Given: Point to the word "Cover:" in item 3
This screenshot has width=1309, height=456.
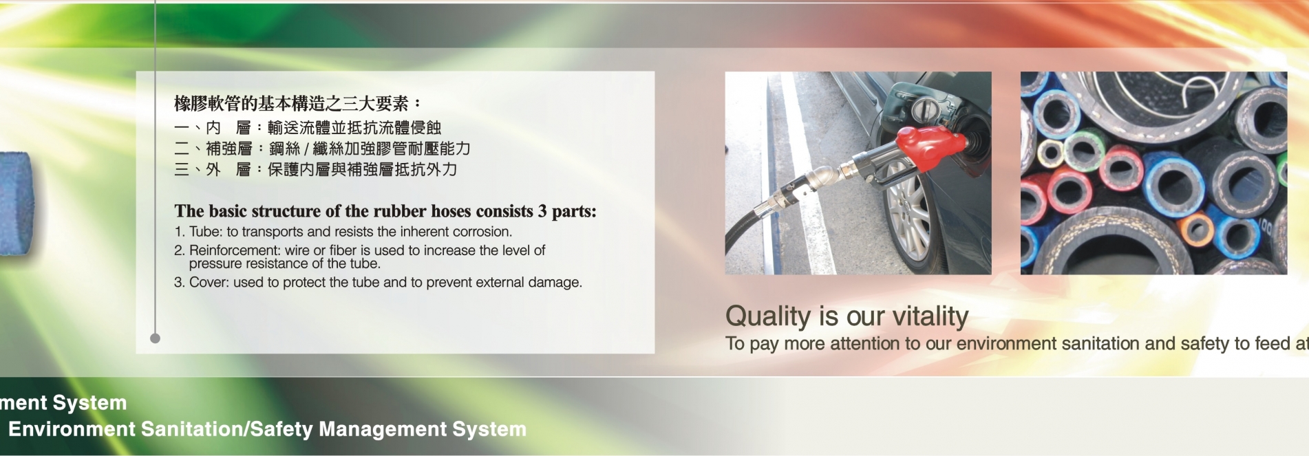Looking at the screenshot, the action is click(x=209, y=282).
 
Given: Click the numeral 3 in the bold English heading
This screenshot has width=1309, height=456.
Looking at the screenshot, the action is click(x=542, y=211).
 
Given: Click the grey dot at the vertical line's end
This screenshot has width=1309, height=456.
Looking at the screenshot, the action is click(x=155, y=338).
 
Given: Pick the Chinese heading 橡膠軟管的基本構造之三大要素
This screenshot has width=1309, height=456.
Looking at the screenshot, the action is click(x=292, y=104).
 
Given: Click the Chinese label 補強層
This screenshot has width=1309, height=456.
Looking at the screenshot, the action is click(x=229, y=149).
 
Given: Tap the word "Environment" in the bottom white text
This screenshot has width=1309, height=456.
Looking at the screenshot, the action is click(x=72, y=429).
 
